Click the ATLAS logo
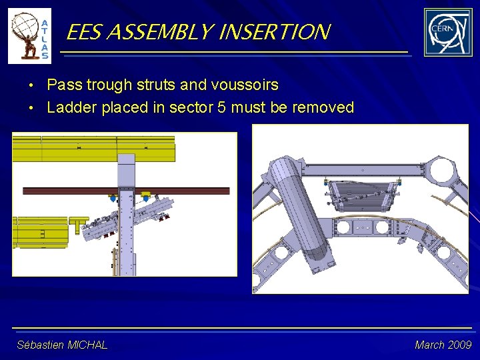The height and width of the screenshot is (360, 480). click(x=29, y=36)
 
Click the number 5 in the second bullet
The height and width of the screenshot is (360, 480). click(x=222, y=107)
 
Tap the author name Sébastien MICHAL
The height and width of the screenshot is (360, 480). click(x=62, y=345)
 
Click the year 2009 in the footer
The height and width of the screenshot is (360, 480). click(x=459, y=345)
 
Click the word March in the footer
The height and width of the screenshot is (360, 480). click(x=429, y=345)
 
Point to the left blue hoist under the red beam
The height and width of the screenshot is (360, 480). click(x=113, y=198)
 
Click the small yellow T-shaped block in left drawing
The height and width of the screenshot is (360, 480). click(x=79, y=222)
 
